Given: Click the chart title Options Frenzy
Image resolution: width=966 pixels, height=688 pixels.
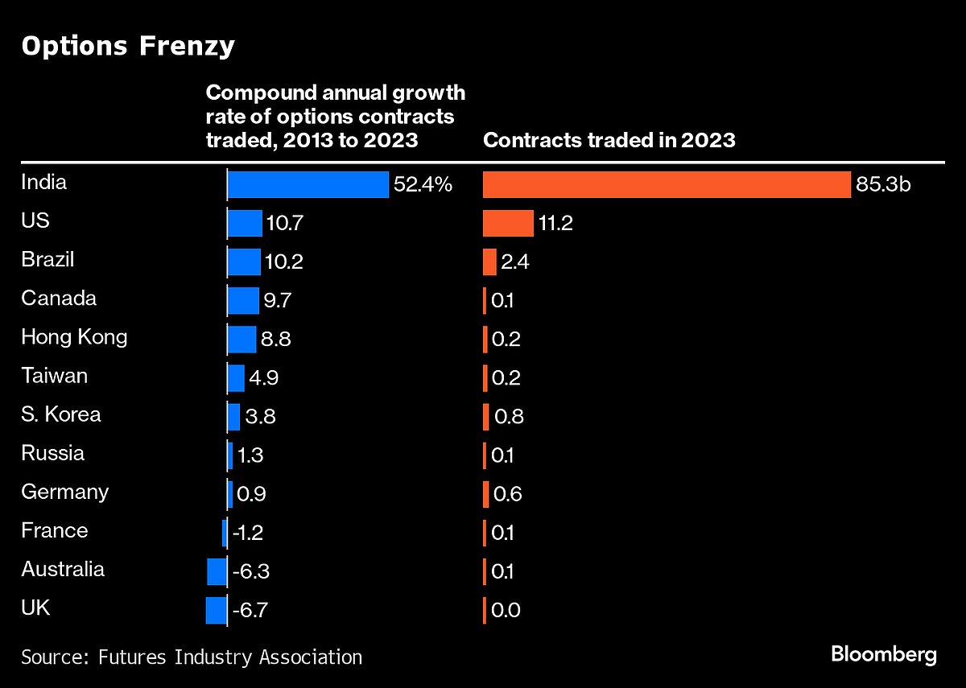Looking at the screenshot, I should pyautogui.click(x=128, y=47).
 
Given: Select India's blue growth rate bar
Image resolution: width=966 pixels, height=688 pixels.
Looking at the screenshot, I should pyautogui.click(x=308, y=184).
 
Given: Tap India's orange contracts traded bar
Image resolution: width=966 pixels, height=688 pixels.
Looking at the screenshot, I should pyautogui.click(x=667, y=184).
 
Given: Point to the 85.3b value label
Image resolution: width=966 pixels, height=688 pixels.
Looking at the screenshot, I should pyautogui.click(x=883, y=185).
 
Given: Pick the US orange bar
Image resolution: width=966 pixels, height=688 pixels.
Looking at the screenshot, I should pyautogui.click(x=508, y=223).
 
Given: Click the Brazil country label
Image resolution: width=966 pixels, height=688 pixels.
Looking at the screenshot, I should pyautogui.click(x=47, y=260).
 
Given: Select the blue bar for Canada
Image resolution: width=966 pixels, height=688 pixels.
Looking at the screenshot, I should pyautogui.click(x=243, y=301).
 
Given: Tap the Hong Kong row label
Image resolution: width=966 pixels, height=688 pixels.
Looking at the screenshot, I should pyautogui.click(x=74, y=336).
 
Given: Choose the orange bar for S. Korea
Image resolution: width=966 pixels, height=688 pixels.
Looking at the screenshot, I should pyautogui.click(x=486, y=417).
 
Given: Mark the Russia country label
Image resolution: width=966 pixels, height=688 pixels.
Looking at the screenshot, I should pyautogui.click(x=52, y=453).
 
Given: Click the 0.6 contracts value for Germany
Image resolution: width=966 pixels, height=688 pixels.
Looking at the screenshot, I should pyautogui.click(x=506, y=494).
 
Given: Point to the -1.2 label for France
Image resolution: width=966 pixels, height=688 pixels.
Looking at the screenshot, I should pyautogui.click(x=248, y=533).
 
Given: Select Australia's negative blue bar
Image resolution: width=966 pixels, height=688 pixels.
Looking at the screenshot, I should pyautogui.click(x=217, y=571).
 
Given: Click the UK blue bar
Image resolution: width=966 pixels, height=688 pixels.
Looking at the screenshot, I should pyautogui.click(x=217, y=610).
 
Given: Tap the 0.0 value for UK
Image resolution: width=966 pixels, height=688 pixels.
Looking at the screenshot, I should pyautogui.click(x=506, y=610).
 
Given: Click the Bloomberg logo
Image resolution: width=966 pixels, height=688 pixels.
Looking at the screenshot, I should pyautogui.click(x=884, y=654).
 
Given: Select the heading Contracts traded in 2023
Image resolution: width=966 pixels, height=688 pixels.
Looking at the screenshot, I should pyautogui.click(x=609, y=140).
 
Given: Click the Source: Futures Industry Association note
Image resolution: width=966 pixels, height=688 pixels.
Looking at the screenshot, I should pyautogui.click(x=192, y=657).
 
